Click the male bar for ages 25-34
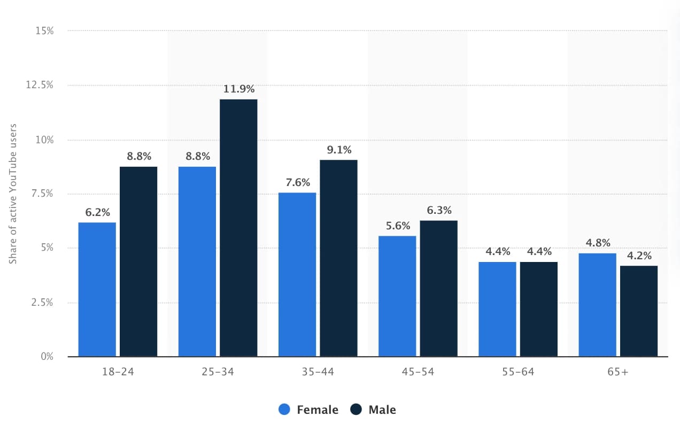[238, 228]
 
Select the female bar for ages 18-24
[97, 289]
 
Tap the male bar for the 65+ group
[639, 311]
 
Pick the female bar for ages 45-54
[397, 296]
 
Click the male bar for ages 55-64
[539, 309]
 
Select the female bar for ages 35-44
[297, 274]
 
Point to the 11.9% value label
[238, 89]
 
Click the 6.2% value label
[97, 212]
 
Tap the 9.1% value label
[339, 150]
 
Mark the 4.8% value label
[598, 243]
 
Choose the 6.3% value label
[439, 210]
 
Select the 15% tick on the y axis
[44, 31]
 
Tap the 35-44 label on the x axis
[318, 372]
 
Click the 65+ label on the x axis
[618, 372]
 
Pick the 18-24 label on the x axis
[118, 372]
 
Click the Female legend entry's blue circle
[284, 410]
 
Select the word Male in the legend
[382, 410]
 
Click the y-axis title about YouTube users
[13, 194]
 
